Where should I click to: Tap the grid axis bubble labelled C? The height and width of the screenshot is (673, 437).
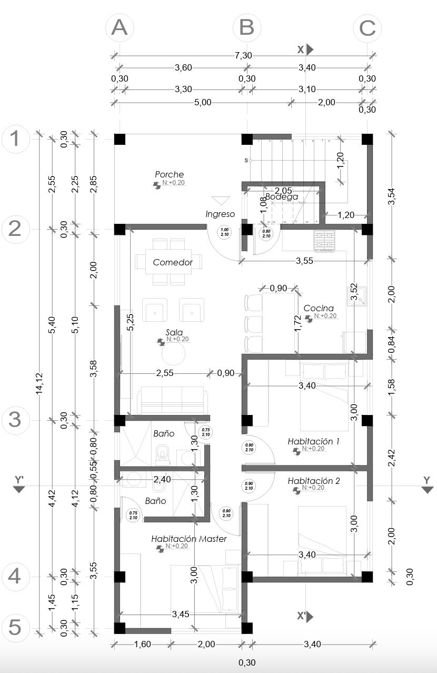367,27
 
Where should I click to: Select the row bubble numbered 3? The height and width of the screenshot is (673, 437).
15,420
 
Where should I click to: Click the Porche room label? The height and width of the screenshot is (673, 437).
169,174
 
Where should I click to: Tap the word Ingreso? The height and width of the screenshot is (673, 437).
220,214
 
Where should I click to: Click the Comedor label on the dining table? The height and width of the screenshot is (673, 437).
172,262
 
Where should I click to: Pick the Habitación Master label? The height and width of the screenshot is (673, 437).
188,539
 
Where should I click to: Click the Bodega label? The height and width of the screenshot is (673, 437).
281,197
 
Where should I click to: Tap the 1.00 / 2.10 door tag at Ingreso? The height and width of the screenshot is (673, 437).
225,233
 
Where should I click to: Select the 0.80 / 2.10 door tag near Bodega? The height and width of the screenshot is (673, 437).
266,233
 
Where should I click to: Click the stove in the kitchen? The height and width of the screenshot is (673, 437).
324,241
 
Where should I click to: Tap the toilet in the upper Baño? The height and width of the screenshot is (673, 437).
163,453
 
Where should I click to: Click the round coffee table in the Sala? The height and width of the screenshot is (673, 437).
174,353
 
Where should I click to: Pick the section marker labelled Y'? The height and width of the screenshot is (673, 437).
19,484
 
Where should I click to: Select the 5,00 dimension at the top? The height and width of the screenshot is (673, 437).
203,102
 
